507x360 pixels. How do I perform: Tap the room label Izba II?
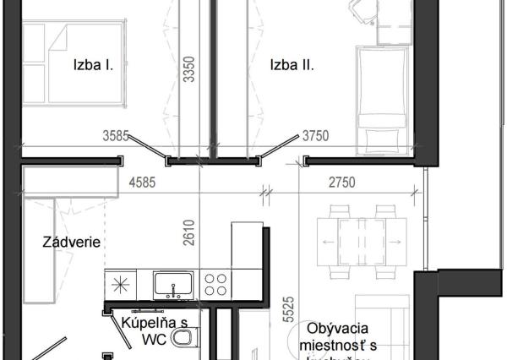(292, 64)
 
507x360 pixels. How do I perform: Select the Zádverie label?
(72, 243)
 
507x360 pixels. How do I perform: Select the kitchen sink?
(173, 284)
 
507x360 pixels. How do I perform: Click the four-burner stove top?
(215, 283)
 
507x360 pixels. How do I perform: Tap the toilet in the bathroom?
(183, 341)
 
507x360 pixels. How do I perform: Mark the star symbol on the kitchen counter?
(121, 282)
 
